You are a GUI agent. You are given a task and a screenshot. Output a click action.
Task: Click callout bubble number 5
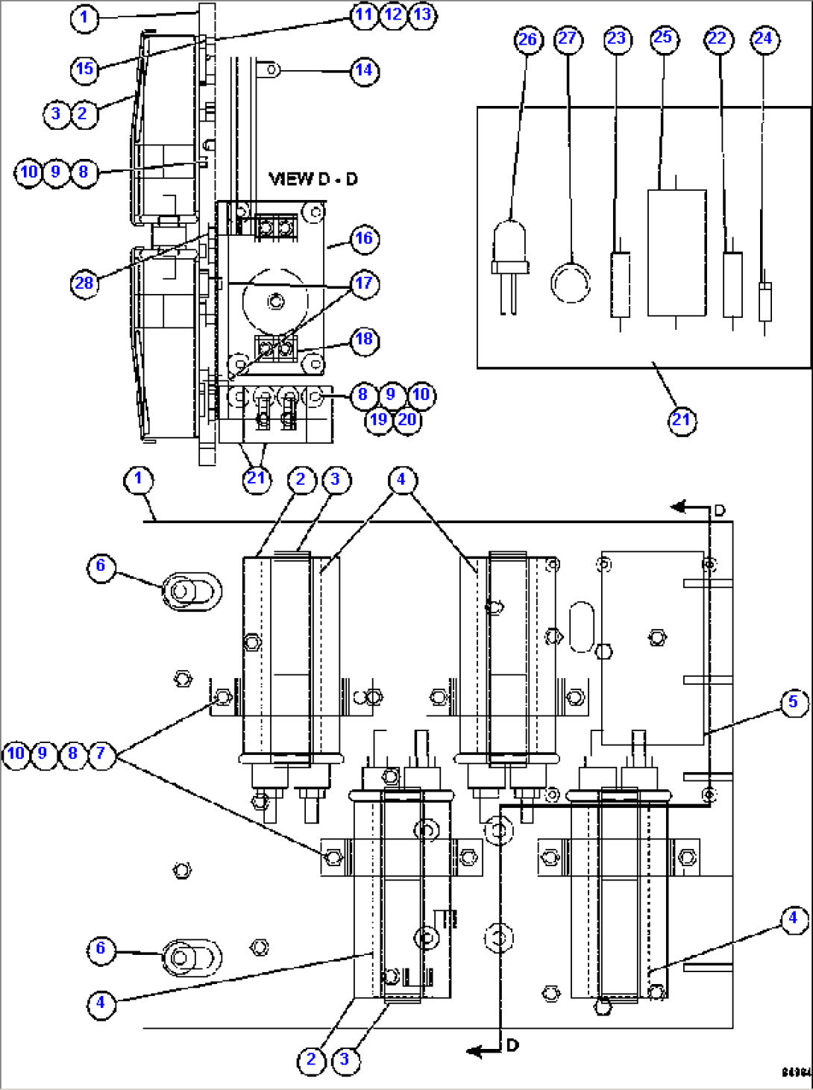point(794,702)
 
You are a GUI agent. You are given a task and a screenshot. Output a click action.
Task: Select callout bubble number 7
point(101,754)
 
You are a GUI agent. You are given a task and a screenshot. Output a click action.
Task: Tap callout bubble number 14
point(364,71)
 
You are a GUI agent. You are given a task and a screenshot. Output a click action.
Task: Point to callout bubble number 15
point(85,69)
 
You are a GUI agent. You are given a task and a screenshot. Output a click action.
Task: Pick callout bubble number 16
point(364,239)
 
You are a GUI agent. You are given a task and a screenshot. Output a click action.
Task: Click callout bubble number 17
point(364,284)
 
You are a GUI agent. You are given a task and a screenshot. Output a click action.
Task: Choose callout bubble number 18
point(364,340)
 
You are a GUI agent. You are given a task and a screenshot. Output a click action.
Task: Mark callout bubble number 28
point(85,284)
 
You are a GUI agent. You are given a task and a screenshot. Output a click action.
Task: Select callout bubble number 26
point(527,40)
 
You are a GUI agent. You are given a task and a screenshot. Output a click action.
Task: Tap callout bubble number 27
point(568,39)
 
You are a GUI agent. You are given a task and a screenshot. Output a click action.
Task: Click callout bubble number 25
point(662,38)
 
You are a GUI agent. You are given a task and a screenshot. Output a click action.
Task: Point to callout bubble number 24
point(764,39)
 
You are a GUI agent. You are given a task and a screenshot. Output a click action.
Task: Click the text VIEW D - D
point(313,179)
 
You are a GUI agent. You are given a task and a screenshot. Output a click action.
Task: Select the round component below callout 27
point(571,283)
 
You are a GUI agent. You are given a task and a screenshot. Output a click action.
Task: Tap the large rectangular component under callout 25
point(677,253)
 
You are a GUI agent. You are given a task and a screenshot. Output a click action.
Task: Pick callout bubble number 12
point(393,15)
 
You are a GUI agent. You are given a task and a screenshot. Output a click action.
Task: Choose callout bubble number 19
point(379,420)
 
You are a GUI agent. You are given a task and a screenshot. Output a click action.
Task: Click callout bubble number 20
point(407,420)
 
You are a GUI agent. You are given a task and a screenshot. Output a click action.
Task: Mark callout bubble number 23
point(617,39)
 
